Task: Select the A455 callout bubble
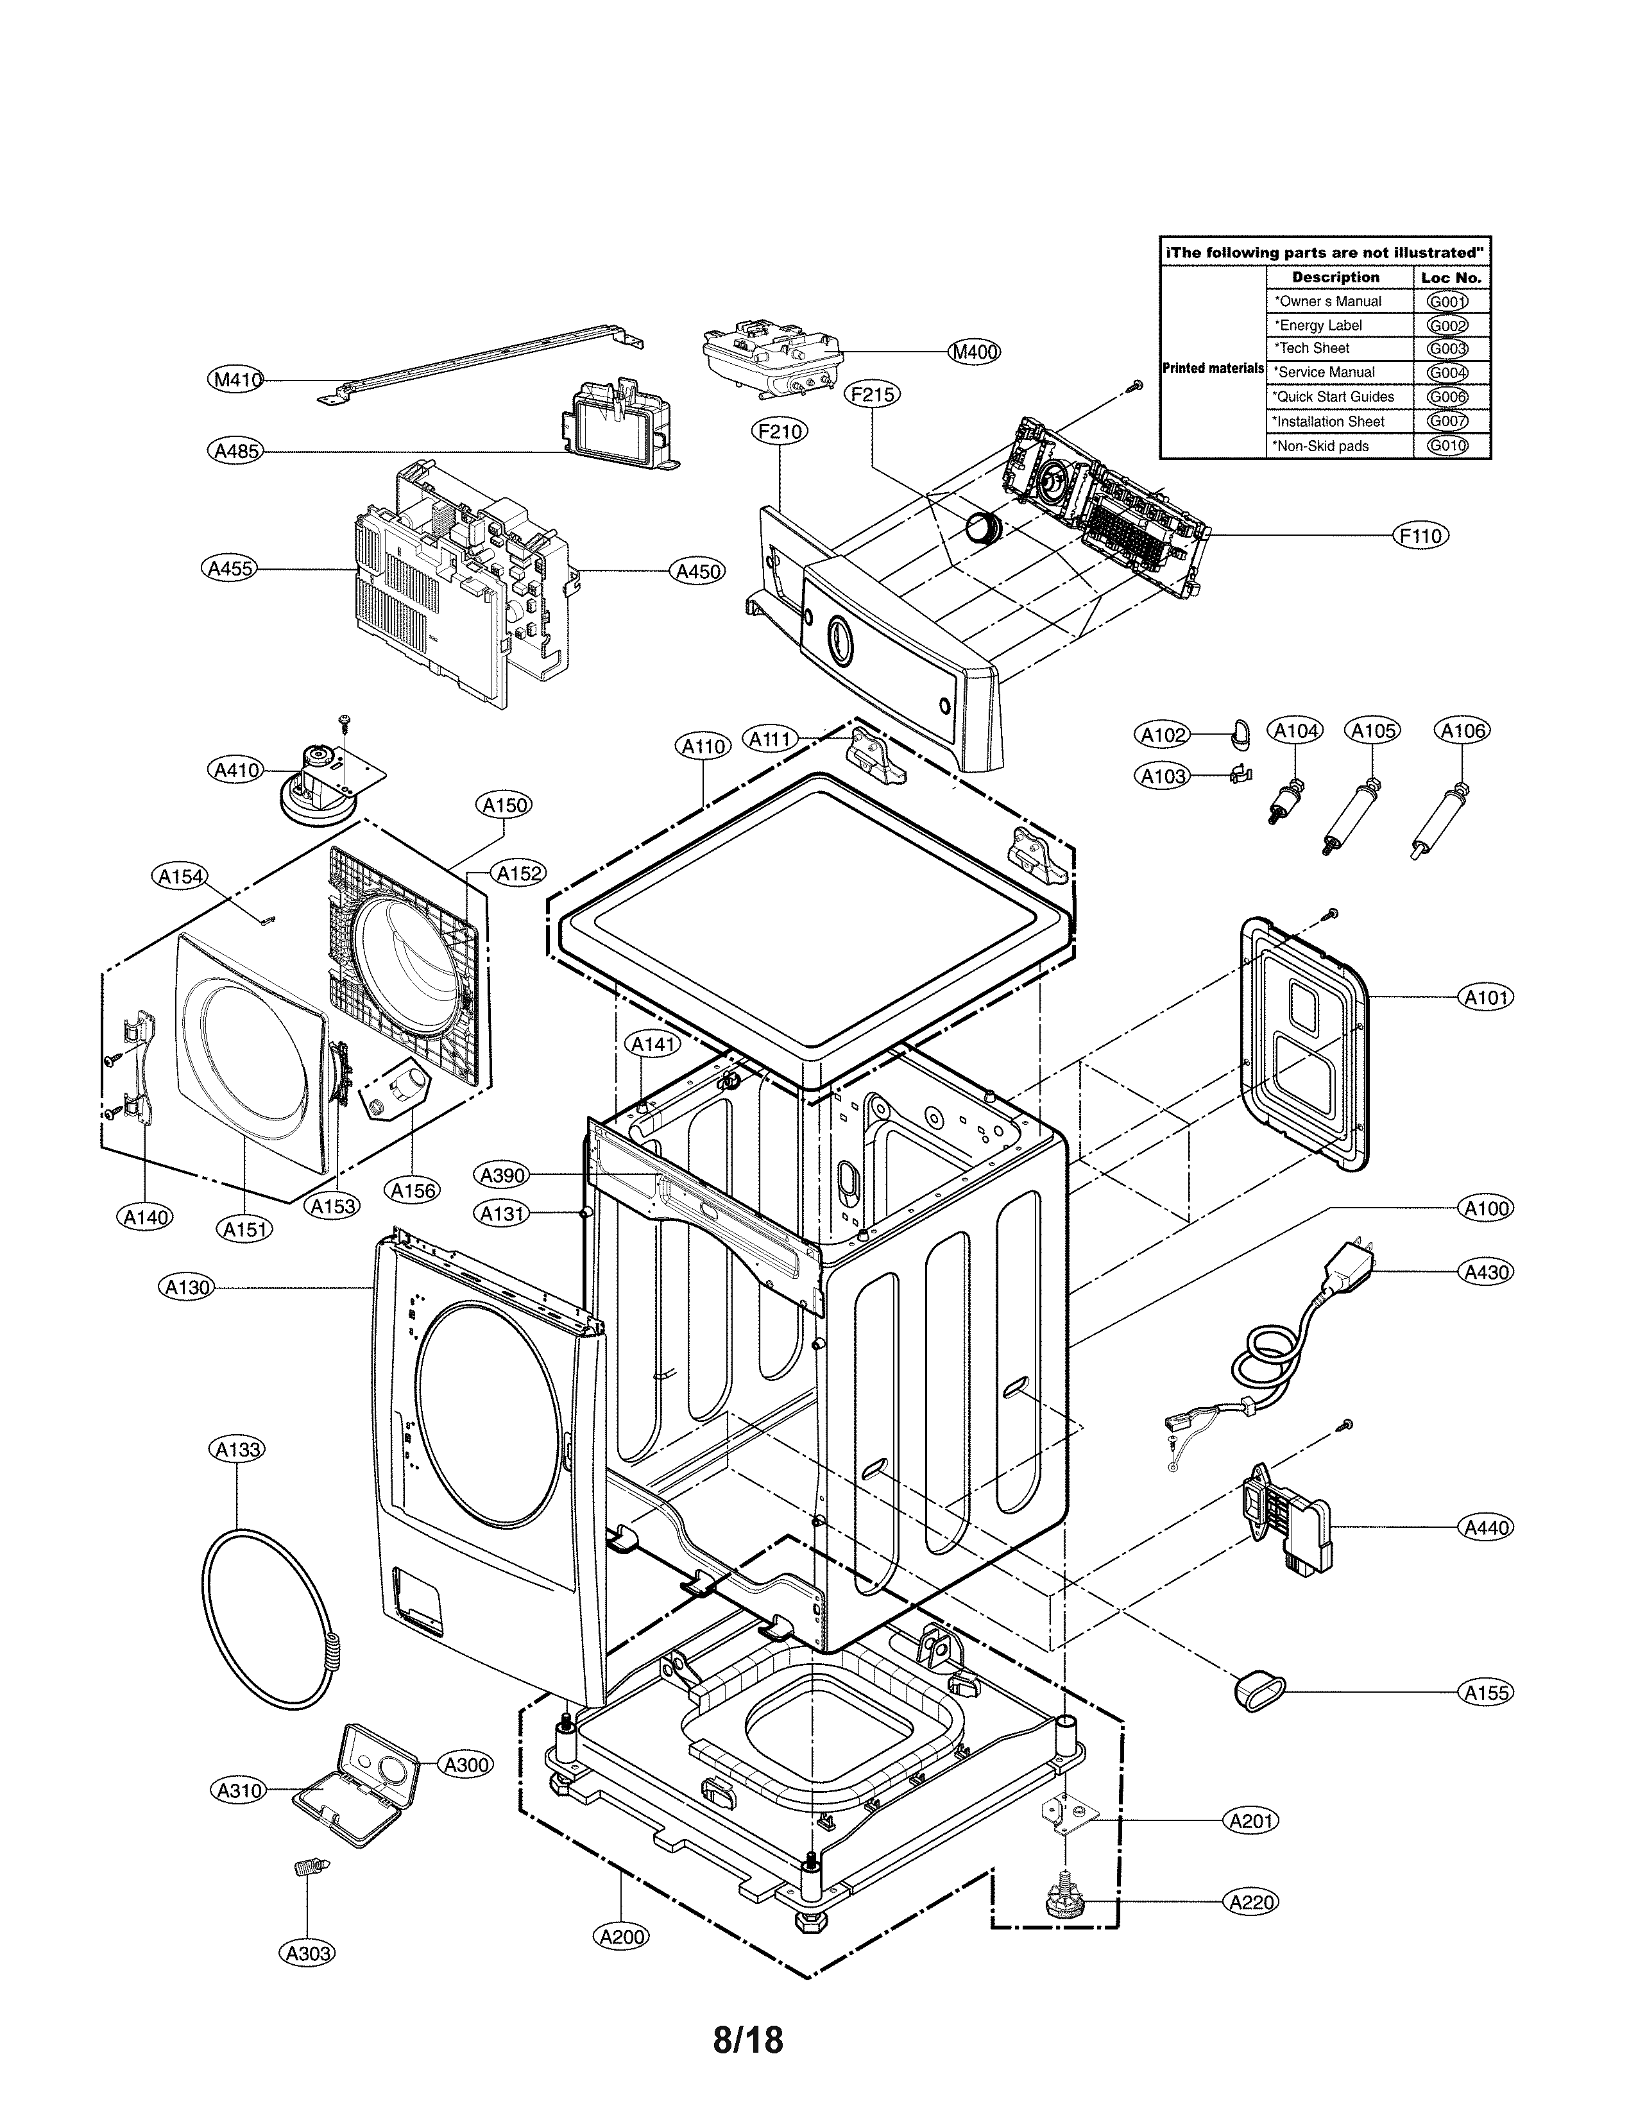(232, 569)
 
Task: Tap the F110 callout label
(1420, 535)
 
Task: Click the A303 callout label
(309, 1953)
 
